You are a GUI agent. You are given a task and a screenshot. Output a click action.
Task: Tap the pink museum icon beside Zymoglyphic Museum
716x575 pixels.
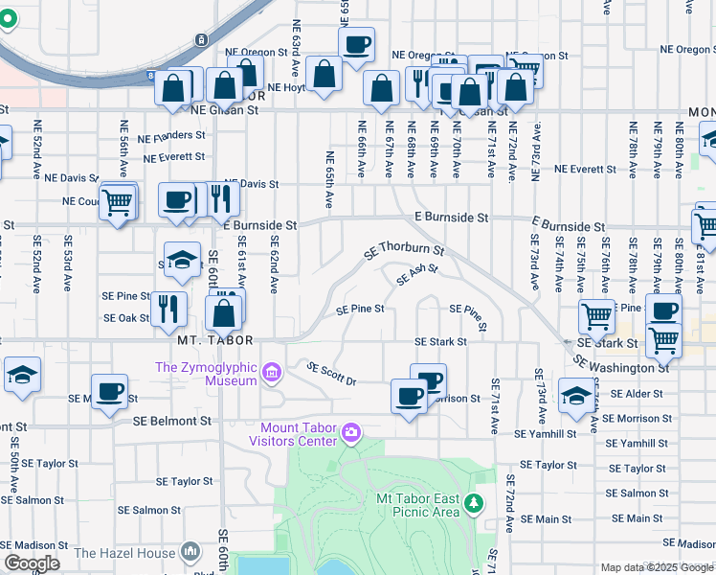[271, 372]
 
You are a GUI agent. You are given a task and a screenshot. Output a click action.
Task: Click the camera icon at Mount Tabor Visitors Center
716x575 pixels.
[351, 434]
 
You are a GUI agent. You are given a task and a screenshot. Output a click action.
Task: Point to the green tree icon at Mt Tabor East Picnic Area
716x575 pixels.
[472, 502]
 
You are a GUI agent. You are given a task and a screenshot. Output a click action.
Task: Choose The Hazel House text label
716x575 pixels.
[124, 552]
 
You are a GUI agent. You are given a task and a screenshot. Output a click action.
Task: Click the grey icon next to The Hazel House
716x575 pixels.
[189, 552]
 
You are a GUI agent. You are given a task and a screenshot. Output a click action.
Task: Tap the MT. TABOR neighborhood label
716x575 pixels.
[215, 340]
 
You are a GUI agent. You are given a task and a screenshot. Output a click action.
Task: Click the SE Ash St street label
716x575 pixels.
[417, 274]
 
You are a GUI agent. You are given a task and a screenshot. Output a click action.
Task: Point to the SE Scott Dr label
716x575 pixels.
[331, 374]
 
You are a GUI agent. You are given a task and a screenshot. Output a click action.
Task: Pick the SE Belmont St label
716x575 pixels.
[171, 420]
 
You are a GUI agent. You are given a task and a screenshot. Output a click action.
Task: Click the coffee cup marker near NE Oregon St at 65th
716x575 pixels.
[356, 44]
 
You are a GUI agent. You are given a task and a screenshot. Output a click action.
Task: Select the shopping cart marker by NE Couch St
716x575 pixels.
[117, 202]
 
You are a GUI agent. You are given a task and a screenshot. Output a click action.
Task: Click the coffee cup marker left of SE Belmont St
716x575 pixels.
[109, 391]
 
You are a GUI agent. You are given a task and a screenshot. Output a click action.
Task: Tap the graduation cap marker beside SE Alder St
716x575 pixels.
[575, 395]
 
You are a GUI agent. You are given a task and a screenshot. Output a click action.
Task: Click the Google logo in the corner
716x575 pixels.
[32, 563]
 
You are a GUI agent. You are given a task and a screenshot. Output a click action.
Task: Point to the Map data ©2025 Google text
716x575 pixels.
[658, 567]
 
